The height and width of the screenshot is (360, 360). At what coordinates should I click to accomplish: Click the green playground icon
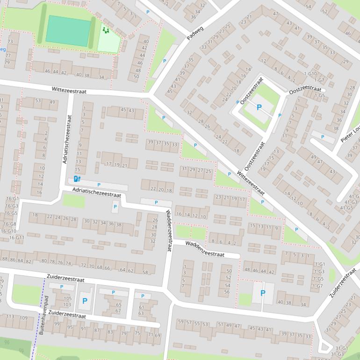click(106, 30)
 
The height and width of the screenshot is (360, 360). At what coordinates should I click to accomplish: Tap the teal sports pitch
click(68, 31)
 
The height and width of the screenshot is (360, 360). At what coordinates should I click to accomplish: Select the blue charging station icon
click(77, 179)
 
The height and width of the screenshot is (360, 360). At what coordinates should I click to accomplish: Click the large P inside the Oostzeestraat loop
click(259, 108)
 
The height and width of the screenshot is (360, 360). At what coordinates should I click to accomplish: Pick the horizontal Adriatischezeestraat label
click(96, 192)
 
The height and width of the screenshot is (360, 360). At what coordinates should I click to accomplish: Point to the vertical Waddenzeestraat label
click(169, 230)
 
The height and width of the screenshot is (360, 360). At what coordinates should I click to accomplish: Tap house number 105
click(67, 298)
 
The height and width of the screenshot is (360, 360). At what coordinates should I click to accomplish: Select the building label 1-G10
click(310, 74)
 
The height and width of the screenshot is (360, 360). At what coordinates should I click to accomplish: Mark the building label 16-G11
click(16, 238)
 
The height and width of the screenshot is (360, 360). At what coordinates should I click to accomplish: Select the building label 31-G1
click(342, 348)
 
